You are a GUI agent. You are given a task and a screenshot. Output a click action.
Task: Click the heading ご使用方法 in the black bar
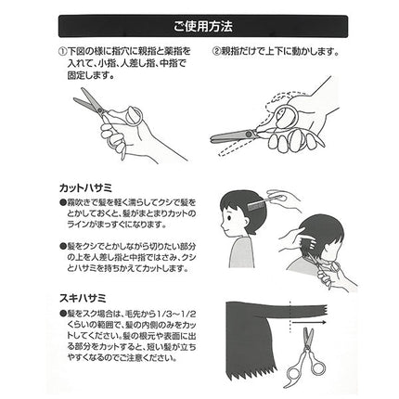click(x=199, y=21)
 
